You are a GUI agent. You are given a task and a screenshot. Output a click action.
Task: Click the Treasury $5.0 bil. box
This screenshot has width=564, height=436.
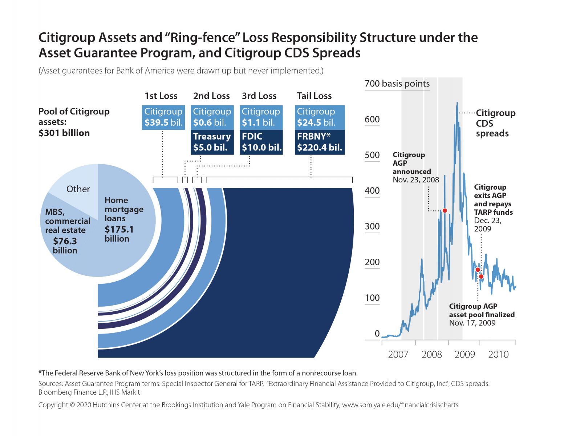coord(212,142)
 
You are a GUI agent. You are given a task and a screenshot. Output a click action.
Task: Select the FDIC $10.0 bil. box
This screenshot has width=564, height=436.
coord(261,142)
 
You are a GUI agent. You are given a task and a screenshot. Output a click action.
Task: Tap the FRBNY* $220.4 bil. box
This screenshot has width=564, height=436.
coord(319,142)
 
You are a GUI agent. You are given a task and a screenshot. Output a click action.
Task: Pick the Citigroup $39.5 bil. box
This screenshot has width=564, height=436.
coord(163,117)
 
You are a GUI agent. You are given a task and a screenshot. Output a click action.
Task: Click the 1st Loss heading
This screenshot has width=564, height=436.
coord(161,96)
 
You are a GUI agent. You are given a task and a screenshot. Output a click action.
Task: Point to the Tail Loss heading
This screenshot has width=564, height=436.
coord(314,96)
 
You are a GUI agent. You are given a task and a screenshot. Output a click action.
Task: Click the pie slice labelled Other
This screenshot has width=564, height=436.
coord(78,189)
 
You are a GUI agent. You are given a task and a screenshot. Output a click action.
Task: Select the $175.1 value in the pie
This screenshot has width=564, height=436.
coord(119,230)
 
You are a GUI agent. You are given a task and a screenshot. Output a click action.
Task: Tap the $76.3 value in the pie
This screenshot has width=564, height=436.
coord(65,241)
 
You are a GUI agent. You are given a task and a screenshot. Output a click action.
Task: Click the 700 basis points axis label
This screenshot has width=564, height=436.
coord(397,84)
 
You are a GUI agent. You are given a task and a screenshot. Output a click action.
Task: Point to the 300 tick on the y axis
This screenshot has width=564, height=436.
coord(372,226)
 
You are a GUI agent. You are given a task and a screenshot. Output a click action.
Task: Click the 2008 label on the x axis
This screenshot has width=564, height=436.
coord(431,355)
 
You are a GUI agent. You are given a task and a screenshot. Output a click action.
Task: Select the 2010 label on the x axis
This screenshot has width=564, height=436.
coord(498,355)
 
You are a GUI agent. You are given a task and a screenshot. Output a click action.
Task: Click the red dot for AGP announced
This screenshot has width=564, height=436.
coord(445,211)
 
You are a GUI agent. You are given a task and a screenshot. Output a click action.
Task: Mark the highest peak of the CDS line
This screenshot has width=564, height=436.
coord(457,103)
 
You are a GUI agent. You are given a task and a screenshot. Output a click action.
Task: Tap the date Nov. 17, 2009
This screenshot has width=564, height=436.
coord(472,323)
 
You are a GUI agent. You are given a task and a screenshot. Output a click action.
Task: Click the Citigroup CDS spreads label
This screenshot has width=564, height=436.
coord(495,123)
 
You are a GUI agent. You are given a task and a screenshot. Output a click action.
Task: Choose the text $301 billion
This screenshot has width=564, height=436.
coord(64,133)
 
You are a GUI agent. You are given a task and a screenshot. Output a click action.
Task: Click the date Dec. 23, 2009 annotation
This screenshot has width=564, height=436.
coord(487,225)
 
